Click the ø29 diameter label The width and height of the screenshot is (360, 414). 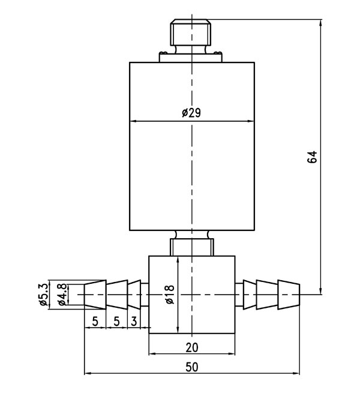pos(191,113)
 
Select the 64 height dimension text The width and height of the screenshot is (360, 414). pos(311,157)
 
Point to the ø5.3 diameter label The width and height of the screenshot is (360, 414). pos(43,295)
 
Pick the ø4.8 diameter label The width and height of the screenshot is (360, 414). pos(61,295)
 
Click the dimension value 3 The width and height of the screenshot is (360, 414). pos(133,321)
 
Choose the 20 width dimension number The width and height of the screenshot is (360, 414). pos(191,346)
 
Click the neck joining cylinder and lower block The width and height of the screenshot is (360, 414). pos(191,244)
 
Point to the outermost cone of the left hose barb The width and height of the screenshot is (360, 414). pos(95,295)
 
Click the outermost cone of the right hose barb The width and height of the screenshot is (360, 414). pos(289,295)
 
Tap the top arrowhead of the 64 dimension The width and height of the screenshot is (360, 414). pos(321,24)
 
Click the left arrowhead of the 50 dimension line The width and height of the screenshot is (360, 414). pos(88,373)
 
